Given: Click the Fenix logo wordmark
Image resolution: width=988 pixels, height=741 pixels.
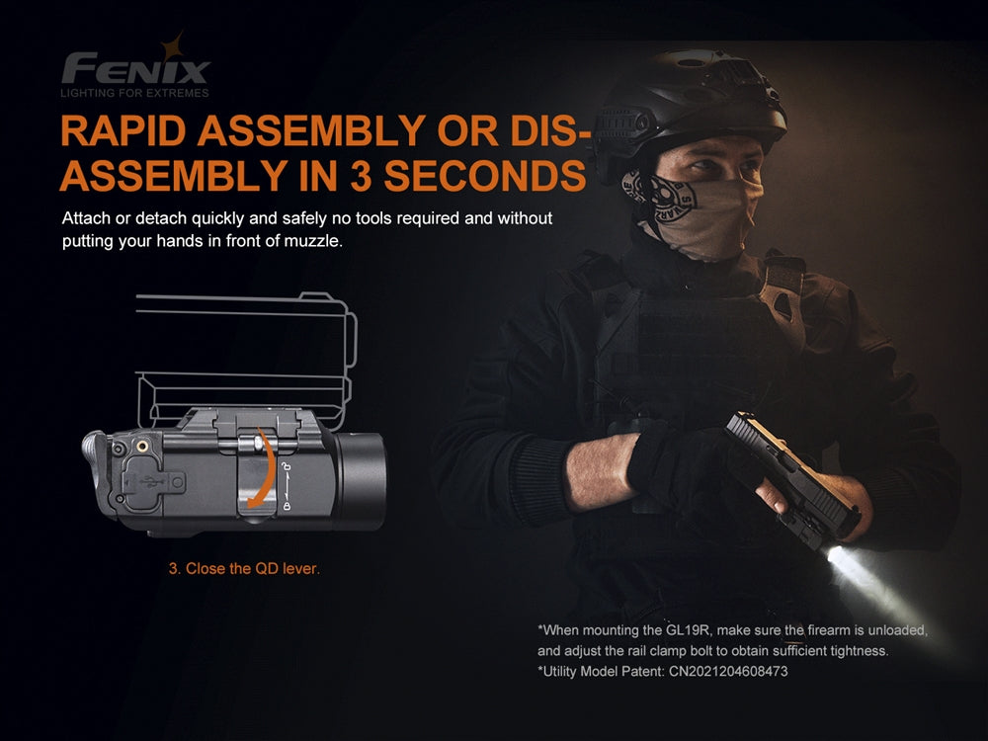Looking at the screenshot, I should [x=135, y=69].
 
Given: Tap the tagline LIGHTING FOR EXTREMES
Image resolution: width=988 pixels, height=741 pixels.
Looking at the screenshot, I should [x=135, y=94].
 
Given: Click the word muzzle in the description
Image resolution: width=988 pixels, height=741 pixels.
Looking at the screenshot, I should [x=316, y=241].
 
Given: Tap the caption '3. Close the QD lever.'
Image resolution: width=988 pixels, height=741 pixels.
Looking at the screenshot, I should [x=244, y=569].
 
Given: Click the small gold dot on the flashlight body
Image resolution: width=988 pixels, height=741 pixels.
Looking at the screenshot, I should [x=146, y=446].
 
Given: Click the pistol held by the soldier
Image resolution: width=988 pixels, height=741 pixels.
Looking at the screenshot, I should [x=781, y=464].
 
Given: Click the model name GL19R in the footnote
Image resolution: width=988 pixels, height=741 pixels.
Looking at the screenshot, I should [x=688, y=629].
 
